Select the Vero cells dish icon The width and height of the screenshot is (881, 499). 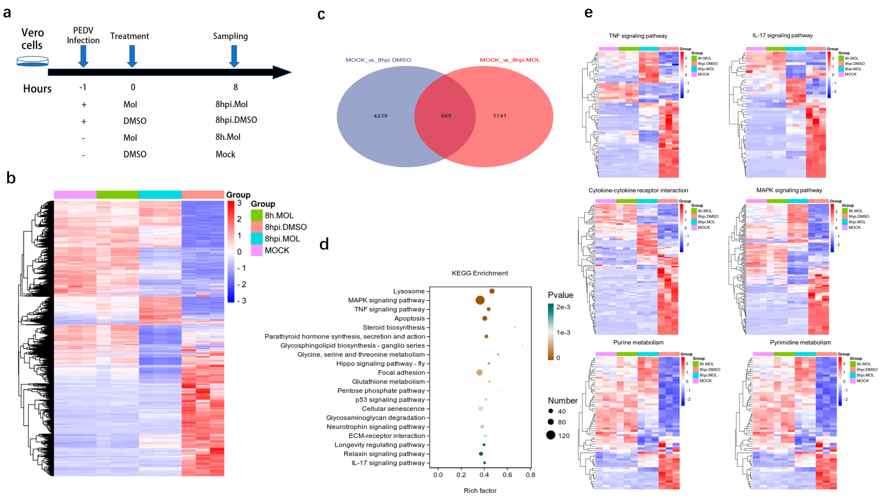click(x=32, y=61)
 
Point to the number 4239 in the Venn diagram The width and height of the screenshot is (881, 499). click(x=380, y=116)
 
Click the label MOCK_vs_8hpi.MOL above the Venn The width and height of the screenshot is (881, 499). click(x=510, y=60)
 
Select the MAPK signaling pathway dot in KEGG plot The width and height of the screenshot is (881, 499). click(x=480, y=300)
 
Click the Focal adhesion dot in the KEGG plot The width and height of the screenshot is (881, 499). click(x=479, y=373)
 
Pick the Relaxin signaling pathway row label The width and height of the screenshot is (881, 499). click(x=384, y=454)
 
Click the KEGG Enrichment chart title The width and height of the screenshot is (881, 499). click(x=480, y=273)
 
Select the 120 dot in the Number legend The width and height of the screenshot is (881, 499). click(x=551, y=435)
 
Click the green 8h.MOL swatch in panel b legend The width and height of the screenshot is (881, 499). click(x=257, y=215)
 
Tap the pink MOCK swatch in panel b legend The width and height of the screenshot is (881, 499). click(x=257, y=250)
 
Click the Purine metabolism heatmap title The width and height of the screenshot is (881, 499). click(x=638, y=342)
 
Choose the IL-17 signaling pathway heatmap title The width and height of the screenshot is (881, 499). click(x=782, y=35)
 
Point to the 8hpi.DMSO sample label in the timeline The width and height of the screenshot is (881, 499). click(x=236, y=120)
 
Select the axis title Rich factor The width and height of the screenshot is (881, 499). click(x=480, y=490)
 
